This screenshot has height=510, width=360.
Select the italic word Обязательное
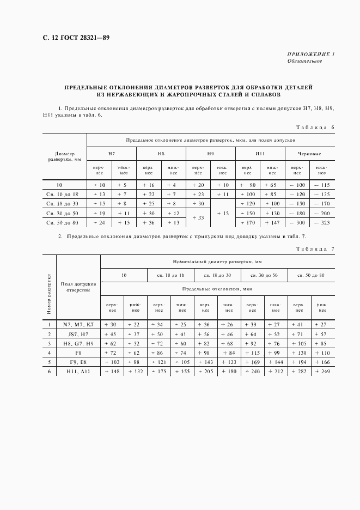tap(304, 61)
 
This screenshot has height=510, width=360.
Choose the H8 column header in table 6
tap(161, 154)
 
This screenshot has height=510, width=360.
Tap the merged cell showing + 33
tap(198, 218)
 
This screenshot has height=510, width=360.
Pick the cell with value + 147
tap(272, 222)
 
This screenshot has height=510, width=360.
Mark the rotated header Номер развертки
tap(48, 294)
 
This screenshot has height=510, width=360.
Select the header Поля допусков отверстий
tap(78, 287)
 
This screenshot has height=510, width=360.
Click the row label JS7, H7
tap(78, 334)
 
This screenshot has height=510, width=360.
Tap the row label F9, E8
tap(78, 362)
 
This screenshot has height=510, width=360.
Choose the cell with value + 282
tap(298, 371)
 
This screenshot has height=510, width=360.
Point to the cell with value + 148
tap(112, 371)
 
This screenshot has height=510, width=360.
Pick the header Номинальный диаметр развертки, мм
tap(217, 262)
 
